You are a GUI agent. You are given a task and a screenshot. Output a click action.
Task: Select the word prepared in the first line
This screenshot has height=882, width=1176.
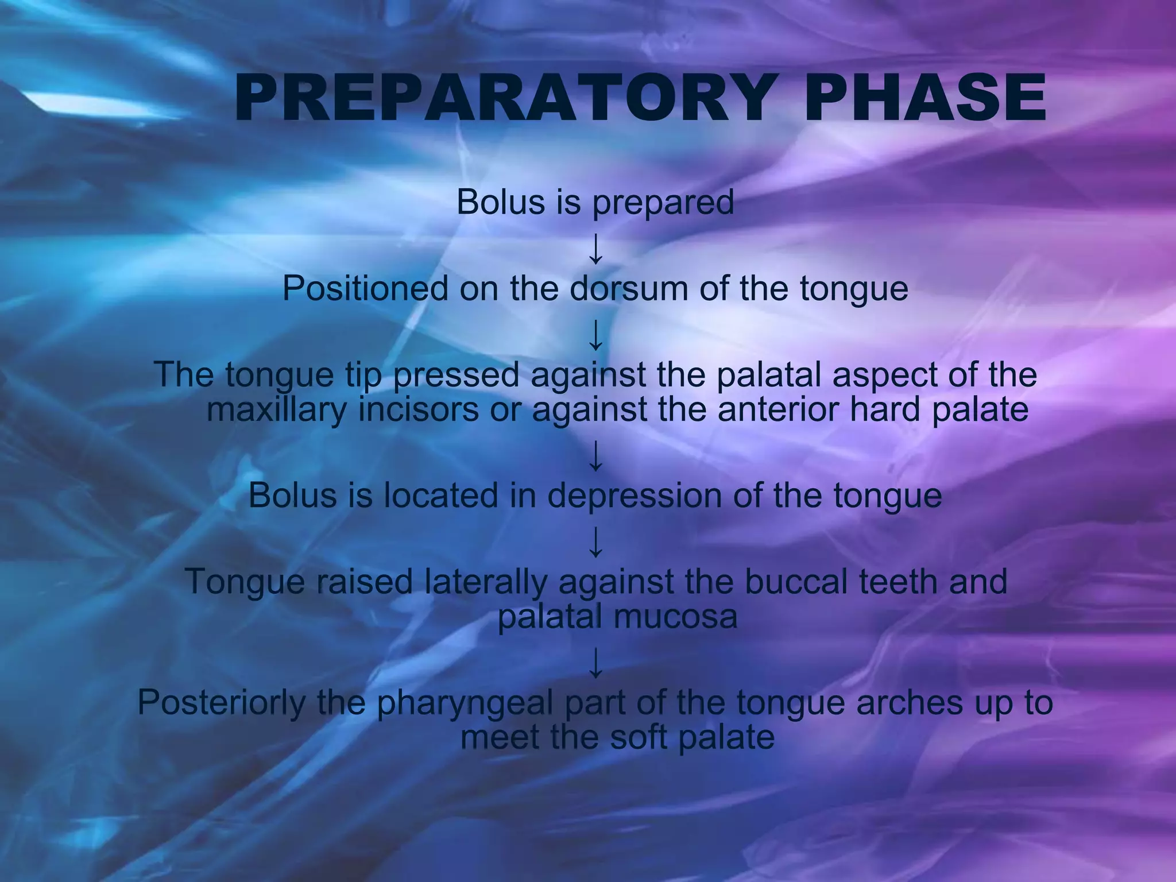(x=663, y=203)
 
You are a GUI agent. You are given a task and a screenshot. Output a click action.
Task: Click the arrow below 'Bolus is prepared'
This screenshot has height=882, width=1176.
(x=596, y=249)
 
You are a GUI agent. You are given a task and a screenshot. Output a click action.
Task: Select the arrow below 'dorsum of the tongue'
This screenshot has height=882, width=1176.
(x=596, y=335)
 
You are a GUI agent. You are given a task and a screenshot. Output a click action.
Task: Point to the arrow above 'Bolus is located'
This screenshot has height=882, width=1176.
(x=596, y=455)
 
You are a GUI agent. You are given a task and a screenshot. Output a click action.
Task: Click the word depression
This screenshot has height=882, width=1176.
(x=634, y=496)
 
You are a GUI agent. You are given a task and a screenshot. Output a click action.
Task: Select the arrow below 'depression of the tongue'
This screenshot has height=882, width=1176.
(x=596, y=541)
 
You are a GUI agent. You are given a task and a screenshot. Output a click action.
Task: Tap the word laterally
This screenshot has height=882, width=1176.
(x=486, y=582)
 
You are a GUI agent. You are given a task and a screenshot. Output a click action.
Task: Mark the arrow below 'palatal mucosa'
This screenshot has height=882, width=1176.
(x=596, y=662)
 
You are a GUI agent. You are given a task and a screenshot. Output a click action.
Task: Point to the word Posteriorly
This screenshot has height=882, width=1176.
(x=222, y=703)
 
